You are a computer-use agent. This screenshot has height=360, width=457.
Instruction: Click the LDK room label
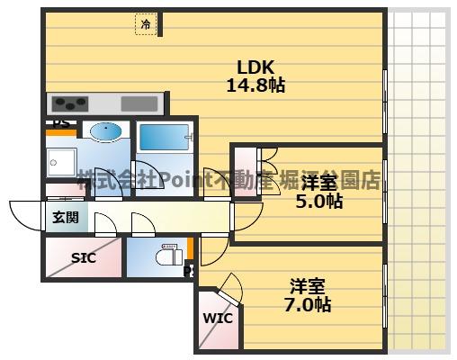255,67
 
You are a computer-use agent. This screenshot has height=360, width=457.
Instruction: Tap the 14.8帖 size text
255,86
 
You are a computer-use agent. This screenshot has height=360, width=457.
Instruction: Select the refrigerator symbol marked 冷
146,25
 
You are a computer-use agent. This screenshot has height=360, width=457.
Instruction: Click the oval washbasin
106,132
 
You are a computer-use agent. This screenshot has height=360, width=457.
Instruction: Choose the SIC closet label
83,257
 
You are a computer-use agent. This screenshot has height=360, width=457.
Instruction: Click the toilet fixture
166,254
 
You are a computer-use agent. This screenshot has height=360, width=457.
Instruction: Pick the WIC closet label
217,318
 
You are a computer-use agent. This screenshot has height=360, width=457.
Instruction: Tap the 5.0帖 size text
319,201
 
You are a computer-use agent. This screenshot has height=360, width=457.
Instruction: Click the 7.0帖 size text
309,305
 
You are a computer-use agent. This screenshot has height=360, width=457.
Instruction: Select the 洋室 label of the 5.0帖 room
319,182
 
